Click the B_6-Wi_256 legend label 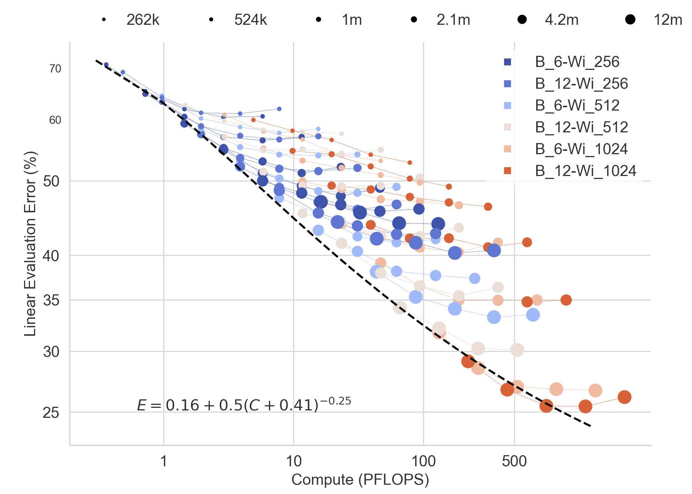click(577, 62)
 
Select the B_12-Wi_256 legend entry click(581, 84)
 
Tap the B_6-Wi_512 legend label click(577, 105)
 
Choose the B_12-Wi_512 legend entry click(581, 127)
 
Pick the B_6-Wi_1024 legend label click(581, 149)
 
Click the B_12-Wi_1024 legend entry click(585, 171)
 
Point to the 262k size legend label click(143, 20)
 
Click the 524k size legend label click(251, 20)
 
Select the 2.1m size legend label click(453, 20)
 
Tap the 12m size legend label click(668, 20)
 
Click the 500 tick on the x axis click(514, 461)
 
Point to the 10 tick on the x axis click(293, 461)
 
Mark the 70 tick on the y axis click(55, 69)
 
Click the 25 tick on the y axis click(51, 412)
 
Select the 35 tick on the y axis click(51, 300)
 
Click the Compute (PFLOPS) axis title click(360, 480)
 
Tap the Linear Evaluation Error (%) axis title click(30, 244)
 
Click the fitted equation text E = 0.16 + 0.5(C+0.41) click(243, 405)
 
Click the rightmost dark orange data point click(624, 397)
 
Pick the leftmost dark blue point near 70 click(106, 64)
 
